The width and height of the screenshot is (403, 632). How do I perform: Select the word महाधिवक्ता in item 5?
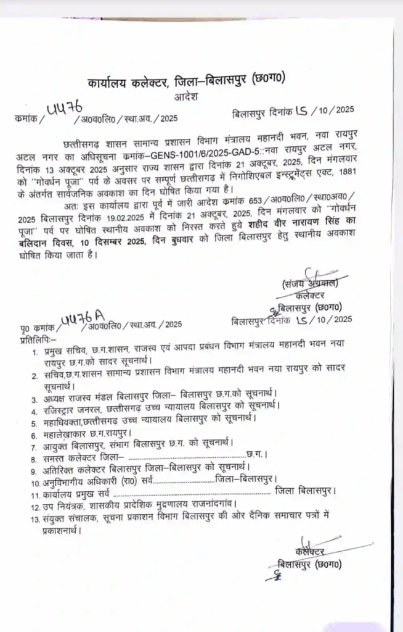coord(65,420)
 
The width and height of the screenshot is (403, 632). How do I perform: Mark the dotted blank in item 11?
coord(192,493)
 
